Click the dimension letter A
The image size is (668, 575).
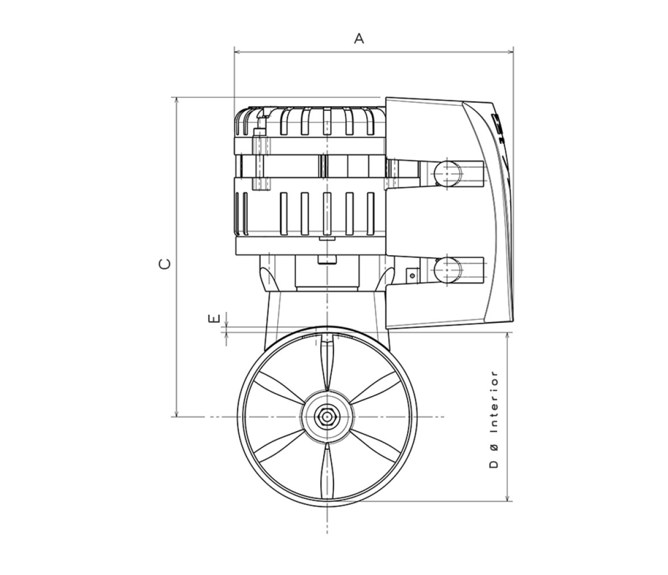[359, 39]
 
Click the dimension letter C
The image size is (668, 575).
[165, 264]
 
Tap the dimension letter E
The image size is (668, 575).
[214, 318]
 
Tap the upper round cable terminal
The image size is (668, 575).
[448, 172]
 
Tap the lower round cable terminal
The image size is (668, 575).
[448, 269]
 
